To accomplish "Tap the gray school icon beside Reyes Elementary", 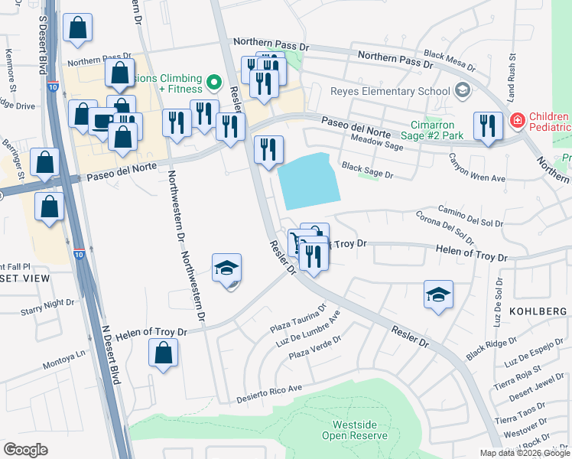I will pos(461,91).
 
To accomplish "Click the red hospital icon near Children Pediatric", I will pos(517,120).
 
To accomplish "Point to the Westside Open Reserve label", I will pos(359,430).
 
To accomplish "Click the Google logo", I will pos(25,449).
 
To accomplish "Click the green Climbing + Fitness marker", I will pos(215,80).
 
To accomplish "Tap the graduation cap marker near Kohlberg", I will pos(438,295).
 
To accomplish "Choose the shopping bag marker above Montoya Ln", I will pos(163,353).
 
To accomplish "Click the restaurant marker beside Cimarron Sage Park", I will pos(487,125).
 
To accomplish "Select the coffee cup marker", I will pos(102,120).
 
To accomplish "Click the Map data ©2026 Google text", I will pos(525,453).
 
